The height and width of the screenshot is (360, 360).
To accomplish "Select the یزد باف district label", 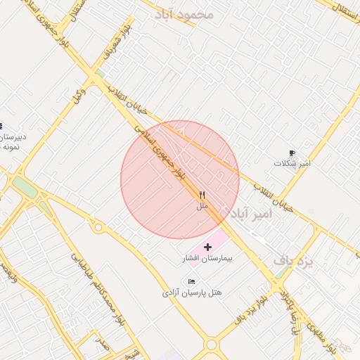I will point(292,261).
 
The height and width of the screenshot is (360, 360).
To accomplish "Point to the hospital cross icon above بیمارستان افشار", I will point(207,247).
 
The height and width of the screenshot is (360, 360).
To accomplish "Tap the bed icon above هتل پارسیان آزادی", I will point(191,281).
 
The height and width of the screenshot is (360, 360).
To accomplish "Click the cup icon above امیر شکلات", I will point(292,153).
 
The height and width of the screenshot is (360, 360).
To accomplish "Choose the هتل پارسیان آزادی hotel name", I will point(192,292).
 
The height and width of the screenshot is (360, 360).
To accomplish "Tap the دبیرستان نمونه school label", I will point(11,141).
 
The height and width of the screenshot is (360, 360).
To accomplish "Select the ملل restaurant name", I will point(202,206).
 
